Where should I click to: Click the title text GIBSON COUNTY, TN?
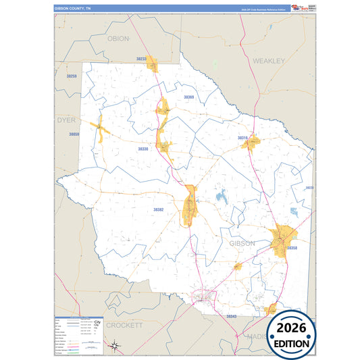pos(73,9)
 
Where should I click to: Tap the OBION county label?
pos(118,38)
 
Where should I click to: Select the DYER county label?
pos(66,120)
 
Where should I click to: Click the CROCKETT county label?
pos(126,325)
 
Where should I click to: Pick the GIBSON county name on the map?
pos(242,243)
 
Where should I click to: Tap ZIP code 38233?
pos(141,59)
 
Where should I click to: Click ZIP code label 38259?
pos(72,76)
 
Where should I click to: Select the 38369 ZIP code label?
pos(188,97)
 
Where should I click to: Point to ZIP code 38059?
pos(74,134)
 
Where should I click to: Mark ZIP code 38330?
pos(143,149)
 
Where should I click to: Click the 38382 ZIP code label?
pos(158,210)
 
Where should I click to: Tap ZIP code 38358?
pos(292,249)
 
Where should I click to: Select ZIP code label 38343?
pos(232,316)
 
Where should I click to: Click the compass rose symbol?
pos(115,346)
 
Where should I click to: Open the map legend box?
pos(79,334)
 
